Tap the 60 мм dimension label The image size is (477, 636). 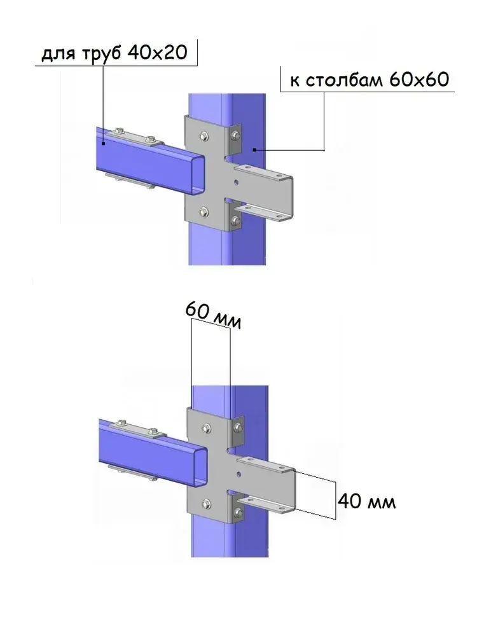[x=214, y=315]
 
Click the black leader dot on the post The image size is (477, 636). [x=254, y=150]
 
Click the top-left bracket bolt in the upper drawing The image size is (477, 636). [x=203, y=135]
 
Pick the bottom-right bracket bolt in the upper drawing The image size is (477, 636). [x=237, y=221]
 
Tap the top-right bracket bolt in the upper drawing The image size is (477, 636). [x=236, y=134]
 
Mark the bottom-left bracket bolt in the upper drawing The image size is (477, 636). [x=203, y=212]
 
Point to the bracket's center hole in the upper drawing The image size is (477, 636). [x=236, y=183]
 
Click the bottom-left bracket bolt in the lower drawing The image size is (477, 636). [x=205, y=503]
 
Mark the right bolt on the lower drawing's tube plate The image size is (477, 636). [x=151, y=432]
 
